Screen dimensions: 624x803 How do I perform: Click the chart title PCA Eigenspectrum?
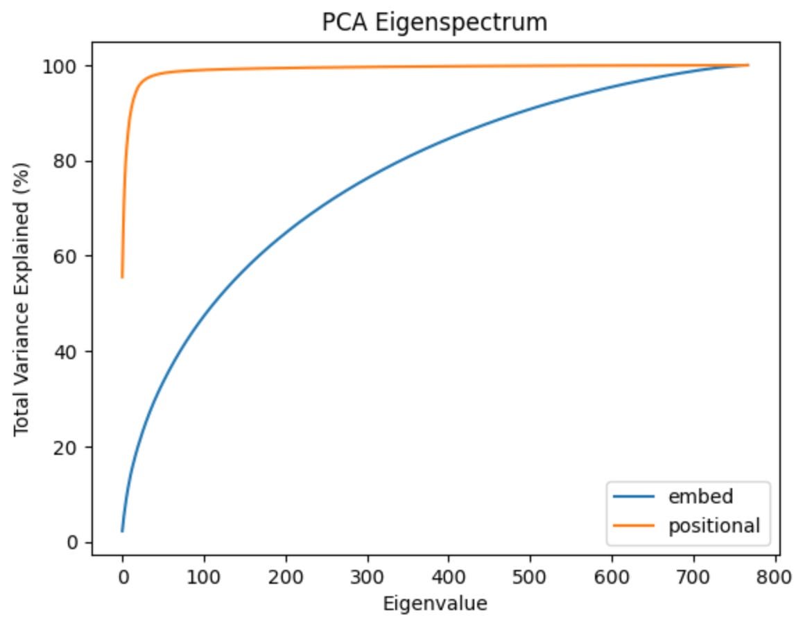(x=435, y=23)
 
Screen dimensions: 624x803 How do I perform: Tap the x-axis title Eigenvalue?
(x=435, y=603)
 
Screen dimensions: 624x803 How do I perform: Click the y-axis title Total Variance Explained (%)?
(x=22, y=298)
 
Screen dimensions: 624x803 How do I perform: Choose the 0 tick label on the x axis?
(x=123, y=576)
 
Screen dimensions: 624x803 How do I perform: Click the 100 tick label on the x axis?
(x=204, y=576)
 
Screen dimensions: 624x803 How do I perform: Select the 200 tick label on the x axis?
(x=286, y=576)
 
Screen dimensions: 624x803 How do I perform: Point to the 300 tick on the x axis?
(x=368, y=576)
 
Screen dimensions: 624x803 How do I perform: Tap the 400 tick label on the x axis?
(x=449, y=576)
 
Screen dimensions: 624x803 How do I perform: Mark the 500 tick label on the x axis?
(x=530, y=576)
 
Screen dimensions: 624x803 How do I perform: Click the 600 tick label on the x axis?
(x=612, y=576)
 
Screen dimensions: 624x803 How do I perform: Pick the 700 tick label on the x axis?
(x=693, y=576)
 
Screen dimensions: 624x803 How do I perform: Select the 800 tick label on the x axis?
(x=775, y=576)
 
